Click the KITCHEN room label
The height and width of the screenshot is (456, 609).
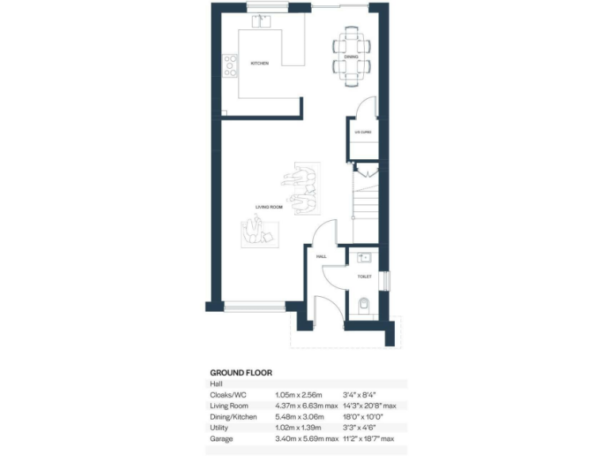[260, 63]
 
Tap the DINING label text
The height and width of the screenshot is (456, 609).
[351, 57]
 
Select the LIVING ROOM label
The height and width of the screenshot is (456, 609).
[269, 207]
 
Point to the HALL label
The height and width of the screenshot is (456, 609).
[321, 257]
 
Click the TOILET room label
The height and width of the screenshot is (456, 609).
[365, 276]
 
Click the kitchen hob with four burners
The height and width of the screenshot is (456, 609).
[230, 65]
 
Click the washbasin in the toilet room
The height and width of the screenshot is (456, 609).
[363, 257]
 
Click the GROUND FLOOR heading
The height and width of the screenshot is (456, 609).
[240, 372]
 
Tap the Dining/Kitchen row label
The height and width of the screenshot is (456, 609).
[233, 416]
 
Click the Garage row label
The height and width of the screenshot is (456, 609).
[221, 438]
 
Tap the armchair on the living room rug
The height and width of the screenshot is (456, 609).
[255, 232]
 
